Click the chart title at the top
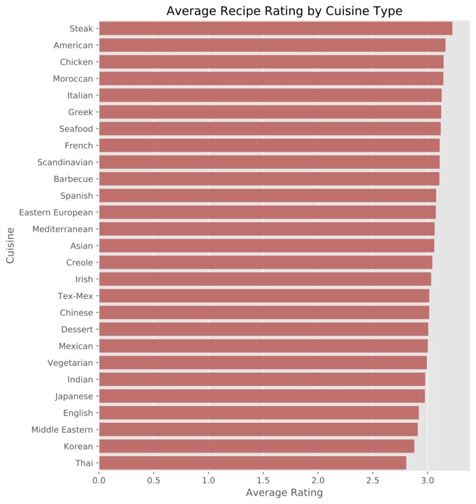[x=284, y=11]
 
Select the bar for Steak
[x=275, y=29]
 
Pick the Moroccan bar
[x=271, y=79]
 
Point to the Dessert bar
[x=264, y=329]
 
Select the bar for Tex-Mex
[x=264, y=296]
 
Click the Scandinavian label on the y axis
[x=65, y=162]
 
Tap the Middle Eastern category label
[x=62, y=430]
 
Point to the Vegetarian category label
[x=70, y=363]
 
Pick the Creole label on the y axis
[x=79, y=262]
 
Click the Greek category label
[x=80, y=112]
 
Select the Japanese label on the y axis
[x=73, y=396]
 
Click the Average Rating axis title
[x=284, y=492]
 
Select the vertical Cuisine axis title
[x=11, y=245]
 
